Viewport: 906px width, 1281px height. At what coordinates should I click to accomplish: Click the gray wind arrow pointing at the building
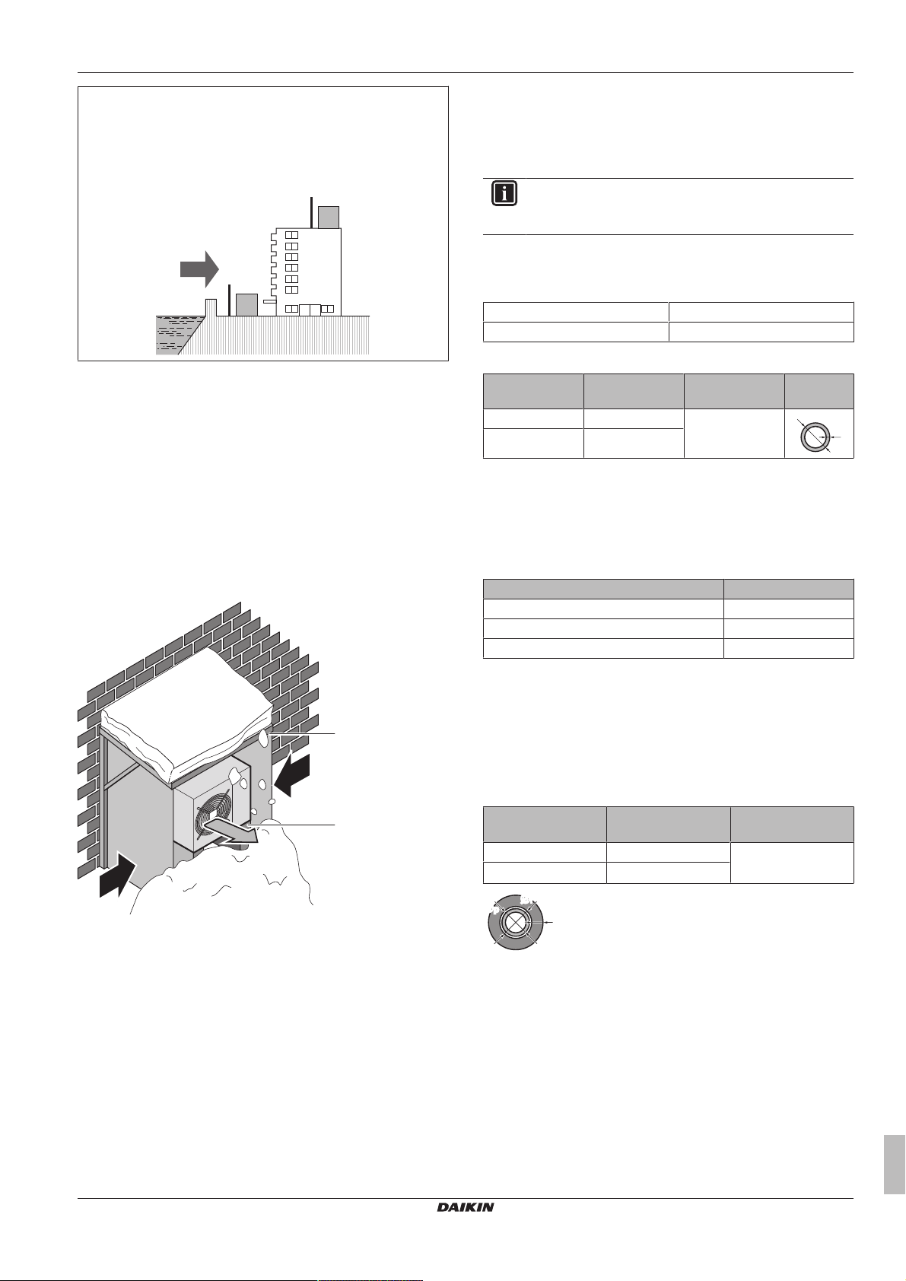[x=199, y=269]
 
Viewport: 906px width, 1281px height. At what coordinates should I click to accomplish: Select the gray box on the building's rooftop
[x=329, y=217]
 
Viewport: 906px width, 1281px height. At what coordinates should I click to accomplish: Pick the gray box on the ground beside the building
[x=246, y=304]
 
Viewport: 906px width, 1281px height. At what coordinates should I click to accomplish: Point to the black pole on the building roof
[x=311, y=212]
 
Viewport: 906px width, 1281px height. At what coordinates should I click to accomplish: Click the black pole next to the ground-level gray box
[x=229, y=300]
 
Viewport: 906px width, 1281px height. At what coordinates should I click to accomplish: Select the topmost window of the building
[x=291, y=236]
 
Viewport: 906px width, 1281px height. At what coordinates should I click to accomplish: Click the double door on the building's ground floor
[x=310, y=309]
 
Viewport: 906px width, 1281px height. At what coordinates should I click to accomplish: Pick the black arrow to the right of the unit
[x=294, y=773]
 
